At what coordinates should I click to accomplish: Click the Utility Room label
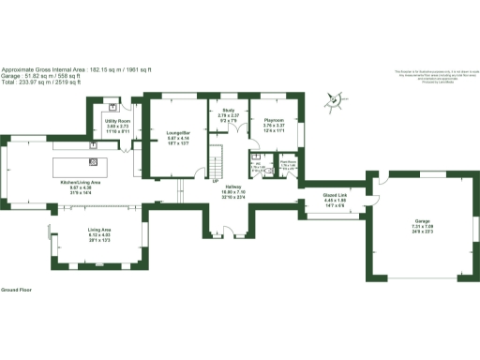click(x=117, y=121)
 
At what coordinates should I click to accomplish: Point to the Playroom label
click(x=274, y=120)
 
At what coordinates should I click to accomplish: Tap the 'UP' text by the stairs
click(x=215, y=181)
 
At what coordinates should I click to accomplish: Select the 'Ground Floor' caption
click(x=16, y=290)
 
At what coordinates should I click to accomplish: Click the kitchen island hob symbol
click(x=94, y=147)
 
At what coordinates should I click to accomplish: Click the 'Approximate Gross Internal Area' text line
click(x=76, y=68)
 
